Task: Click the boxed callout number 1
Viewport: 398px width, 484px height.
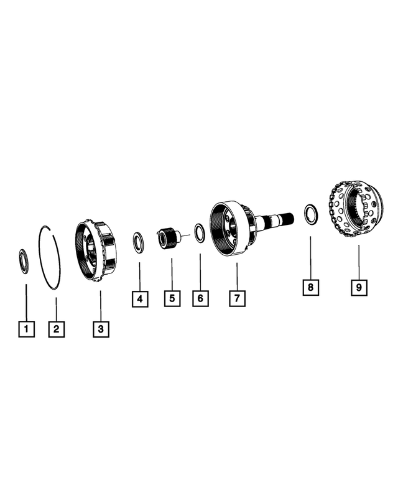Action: coord(26,328)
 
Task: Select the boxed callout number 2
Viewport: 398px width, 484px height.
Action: coord(56,328)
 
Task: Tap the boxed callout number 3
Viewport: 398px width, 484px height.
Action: coord(101,328)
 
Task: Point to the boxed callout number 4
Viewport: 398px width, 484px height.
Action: coord(140,300)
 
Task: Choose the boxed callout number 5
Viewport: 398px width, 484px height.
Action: coord(172,298)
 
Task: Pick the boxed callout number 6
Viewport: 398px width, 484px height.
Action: coord(200,298)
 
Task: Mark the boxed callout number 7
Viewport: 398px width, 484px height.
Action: coord(236,298)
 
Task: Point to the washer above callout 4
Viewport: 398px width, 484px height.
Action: coord(139,242)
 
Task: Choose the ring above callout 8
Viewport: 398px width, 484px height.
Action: coord(310,213)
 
